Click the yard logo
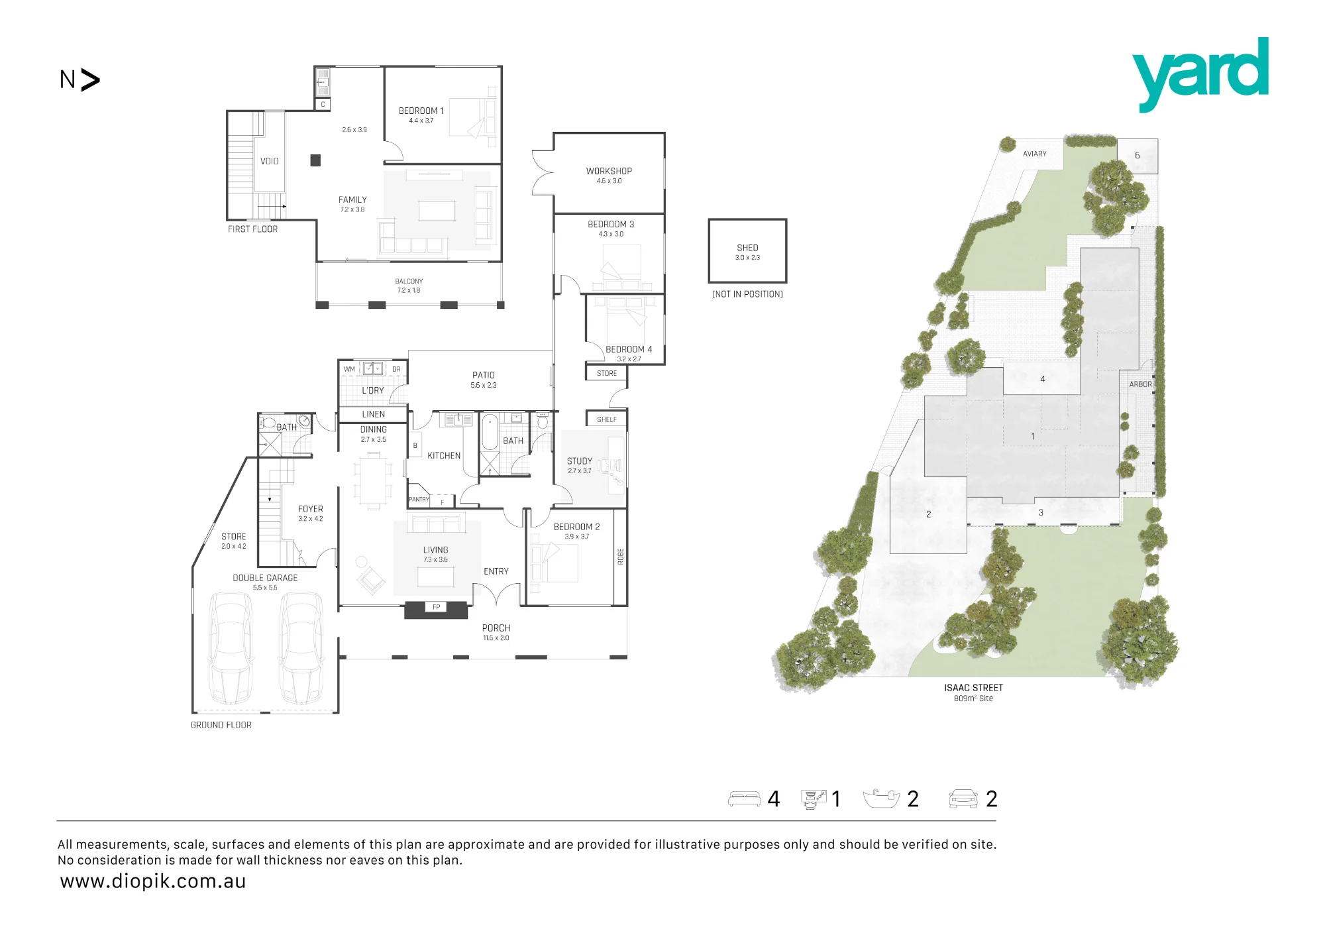pos(1200,74)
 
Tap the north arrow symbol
pos(89,80)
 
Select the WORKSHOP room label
pos(609,171)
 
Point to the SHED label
pos(747,248)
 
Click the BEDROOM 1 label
pos(421,111)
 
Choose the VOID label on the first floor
pos(270,161)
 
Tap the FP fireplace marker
pos(436,607)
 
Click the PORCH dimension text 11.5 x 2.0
pos(496,638)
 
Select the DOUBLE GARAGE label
pos(265,578)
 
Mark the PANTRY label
pos(419,500)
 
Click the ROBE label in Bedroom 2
pos(621,557)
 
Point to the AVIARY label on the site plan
pos(1035,154)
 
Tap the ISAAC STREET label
pos(974,688)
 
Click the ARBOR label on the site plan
pos(1141,384)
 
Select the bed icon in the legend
pos(745,799)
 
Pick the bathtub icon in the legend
pos(882,799)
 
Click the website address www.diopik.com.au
pos(153,881)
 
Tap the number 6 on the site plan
pos(1138,156)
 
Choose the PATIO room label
pos(484,375)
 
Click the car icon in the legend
pos(963,799)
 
